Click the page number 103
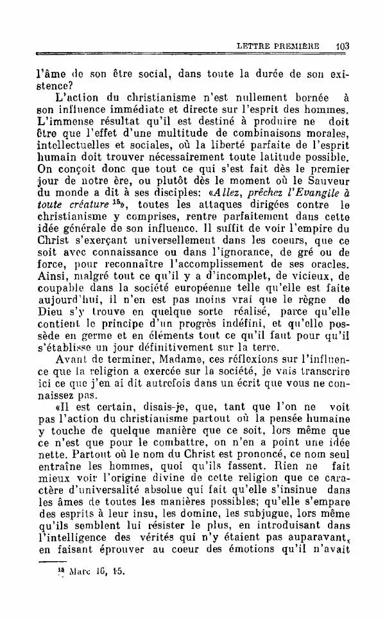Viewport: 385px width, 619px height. coord(341,46)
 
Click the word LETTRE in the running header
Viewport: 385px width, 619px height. coord(255,46)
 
